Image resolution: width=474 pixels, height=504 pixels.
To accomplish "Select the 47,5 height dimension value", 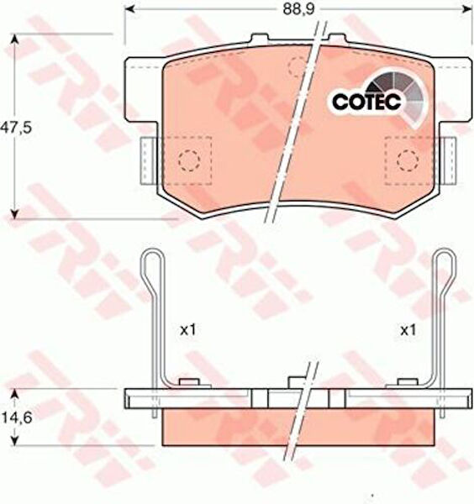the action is (15, 128).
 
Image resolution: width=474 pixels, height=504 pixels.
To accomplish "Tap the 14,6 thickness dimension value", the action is (17, 417).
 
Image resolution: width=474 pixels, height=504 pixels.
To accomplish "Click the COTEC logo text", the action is (367, 102).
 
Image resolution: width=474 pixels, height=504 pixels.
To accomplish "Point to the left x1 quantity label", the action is (187, 330).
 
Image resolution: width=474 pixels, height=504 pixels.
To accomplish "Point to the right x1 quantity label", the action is (408, 330).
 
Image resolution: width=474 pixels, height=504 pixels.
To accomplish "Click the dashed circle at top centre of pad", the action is (298, 66).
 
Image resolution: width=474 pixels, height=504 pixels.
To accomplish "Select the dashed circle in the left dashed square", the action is (189, 160).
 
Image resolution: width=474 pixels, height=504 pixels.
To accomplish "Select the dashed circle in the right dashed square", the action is (408, 160).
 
